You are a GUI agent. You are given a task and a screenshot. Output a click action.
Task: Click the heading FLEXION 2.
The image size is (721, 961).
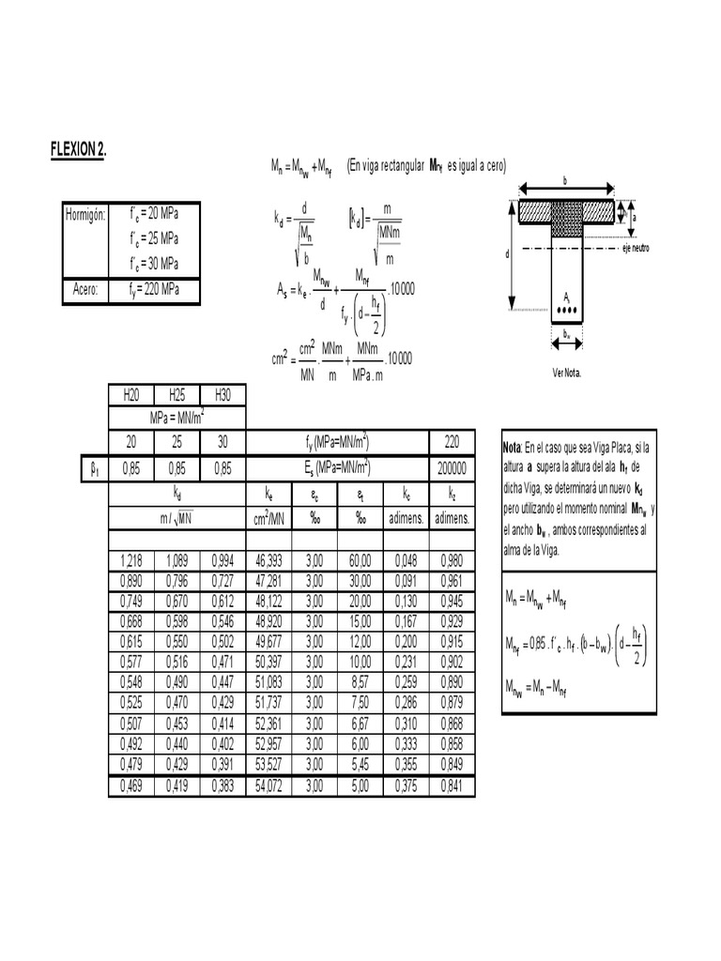[78, 150]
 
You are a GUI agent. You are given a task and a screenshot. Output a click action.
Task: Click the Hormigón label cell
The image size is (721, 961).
[85, 214]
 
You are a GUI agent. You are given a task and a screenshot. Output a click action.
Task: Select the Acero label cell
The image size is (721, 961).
[85, 290]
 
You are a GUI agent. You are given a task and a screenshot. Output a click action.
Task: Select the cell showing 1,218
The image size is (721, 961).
[131, 561]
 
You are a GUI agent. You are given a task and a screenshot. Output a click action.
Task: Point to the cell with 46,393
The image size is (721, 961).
[268, 561]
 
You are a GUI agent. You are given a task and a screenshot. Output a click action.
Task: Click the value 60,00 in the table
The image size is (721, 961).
[360, 561]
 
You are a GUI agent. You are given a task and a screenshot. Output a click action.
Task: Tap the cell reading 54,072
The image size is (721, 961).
[268, 786]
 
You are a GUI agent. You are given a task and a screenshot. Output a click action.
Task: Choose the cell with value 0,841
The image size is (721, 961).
[453, 786]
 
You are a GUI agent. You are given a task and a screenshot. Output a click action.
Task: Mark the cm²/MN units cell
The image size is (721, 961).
[268, 517]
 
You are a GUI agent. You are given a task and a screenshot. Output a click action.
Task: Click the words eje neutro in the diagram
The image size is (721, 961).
[636, 249]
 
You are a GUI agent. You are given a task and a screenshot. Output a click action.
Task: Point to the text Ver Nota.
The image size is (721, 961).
[567, 373]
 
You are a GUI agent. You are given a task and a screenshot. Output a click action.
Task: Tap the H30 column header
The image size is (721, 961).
[223, 394]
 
